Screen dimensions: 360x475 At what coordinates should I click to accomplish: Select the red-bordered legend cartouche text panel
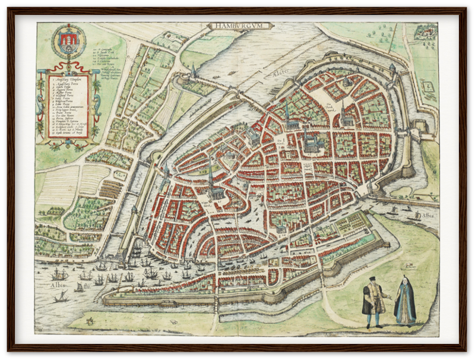coord(68,107)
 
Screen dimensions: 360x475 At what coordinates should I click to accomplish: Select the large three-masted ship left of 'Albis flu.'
coord(58,274)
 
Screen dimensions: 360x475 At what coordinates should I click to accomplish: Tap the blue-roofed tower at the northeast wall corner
coord(392,68)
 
